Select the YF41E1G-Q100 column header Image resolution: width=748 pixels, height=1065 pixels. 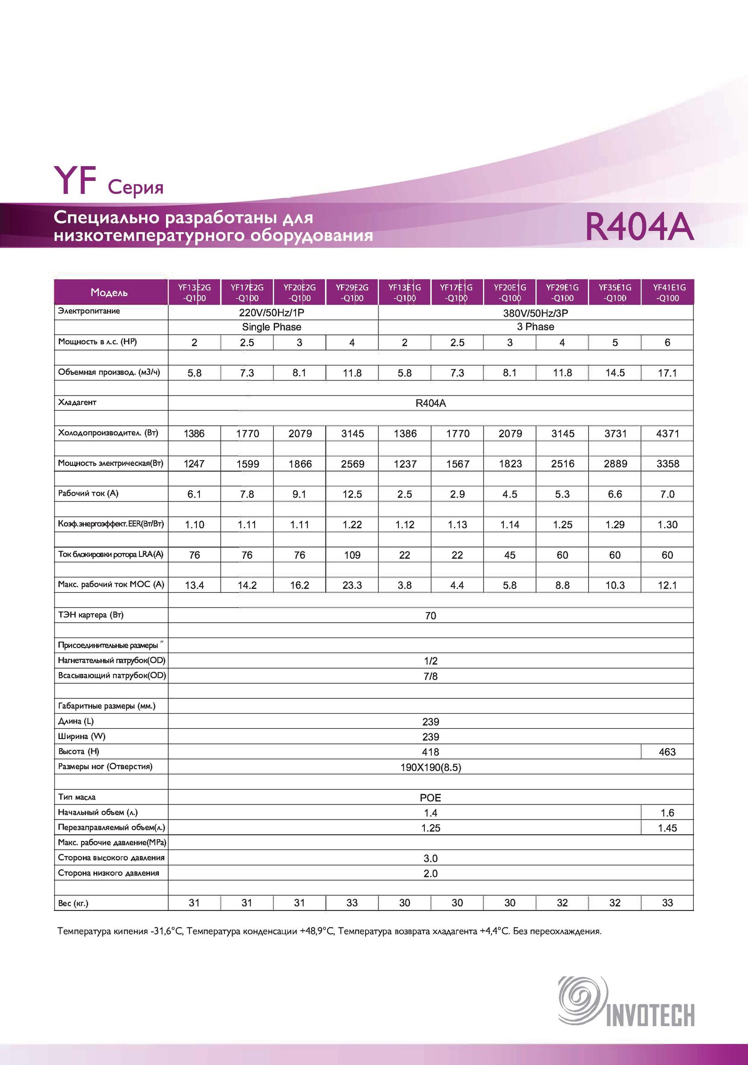point(667,293)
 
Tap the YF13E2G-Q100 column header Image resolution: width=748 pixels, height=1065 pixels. point(194,293)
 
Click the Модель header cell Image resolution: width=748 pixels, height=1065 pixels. point(110,293)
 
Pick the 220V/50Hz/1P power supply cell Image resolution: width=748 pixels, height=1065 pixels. point(272,313)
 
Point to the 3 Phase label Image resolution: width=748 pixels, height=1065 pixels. point(536,326)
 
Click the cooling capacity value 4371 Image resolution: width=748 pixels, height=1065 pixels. point(667,434)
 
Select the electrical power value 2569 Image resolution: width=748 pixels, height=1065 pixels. point(353,464)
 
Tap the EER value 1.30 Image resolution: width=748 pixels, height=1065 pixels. point(667,525)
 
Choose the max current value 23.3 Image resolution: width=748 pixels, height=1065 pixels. point(353,585)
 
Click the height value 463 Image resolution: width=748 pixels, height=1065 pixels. point(667,752)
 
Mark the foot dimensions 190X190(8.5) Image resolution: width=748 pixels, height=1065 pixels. point(431,767)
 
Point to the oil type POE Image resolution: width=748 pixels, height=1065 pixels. point(431,798)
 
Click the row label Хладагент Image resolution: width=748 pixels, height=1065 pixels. point(77,402)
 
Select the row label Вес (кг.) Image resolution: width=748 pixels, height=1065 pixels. point(73,903)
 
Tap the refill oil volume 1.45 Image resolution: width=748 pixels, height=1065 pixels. point(667,828)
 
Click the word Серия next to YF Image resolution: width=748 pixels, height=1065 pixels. point(135,188)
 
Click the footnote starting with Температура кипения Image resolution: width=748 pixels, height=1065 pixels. point(329,931)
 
